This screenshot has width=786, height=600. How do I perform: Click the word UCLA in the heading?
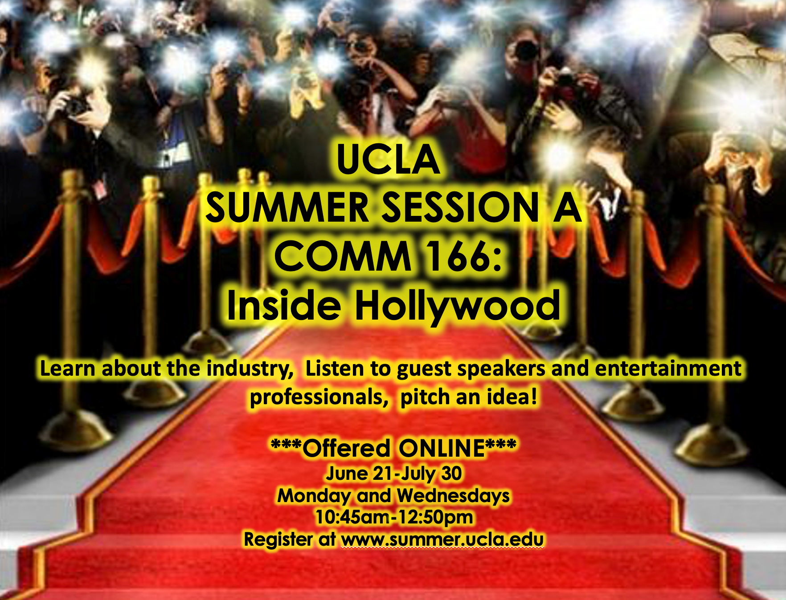[x=388, y=159]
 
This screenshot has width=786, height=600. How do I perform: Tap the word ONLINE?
[x=442, y=448]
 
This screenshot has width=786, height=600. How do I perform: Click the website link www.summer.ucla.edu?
[x=442, y=539]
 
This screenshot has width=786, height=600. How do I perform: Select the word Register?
[x=278, y=539]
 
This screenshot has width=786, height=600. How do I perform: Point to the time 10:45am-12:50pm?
[x=394, y=517]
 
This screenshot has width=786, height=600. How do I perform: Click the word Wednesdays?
[x=453, y=496]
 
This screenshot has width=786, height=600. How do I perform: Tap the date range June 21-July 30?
[x=394, y=474]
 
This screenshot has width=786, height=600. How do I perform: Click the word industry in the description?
[x=250, y=369]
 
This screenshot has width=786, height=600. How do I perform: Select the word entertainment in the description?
[x=668, y=369]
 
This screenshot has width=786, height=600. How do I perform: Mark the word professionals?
[x=319, y=397]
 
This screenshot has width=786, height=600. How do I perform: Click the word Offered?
[x=346, y=448]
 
